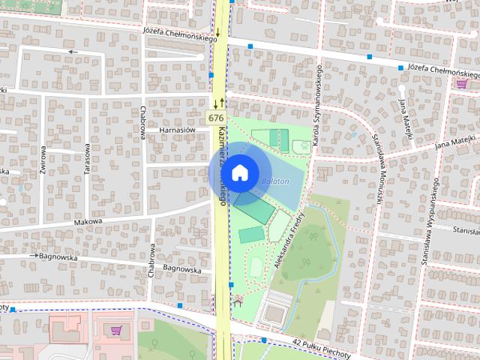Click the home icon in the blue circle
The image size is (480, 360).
(x=239, y=172)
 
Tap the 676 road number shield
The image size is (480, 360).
(x=216, y=118)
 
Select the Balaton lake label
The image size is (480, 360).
(x=275, y=181)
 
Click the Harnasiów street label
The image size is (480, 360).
(x=177, y=130)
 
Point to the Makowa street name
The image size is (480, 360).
(x=87, y=222)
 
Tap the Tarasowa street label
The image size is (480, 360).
(x=87, y=158)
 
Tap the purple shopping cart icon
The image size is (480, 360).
(x=115, y=330)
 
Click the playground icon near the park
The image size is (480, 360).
(x=239, y=301)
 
